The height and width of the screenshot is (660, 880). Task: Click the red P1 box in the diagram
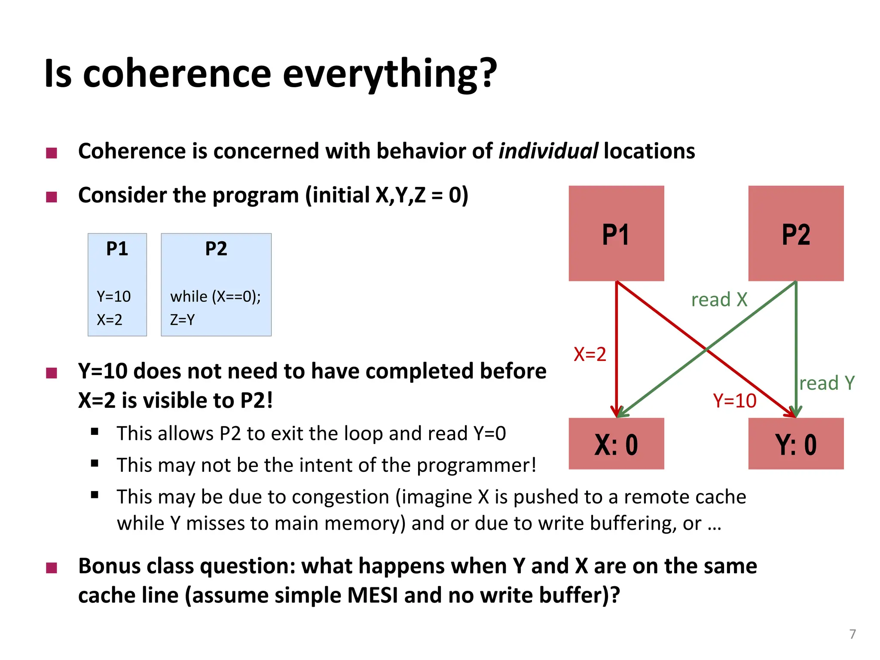tap(616, 233)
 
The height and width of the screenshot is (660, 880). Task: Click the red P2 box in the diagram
tap(796, 233)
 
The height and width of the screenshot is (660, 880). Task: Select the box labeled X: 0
tap(616, 443)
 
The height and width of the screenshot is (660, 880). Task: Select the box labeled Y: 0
tap(796, 443)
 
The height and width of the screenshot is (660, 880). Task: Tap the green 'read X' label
tap(719, 299)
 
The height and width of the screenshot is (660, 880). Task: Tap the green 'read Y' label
tap(827, 383)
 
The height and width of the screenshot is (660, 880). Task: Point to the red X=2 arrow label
tap(590, 354)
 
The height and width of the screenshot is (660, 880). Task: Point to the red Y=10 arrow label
tap(735, 400)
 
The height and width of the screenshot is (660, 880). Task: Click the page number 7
tap(852, 634)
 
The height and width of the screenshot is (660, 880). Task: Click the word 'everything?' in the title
tap(389, 74)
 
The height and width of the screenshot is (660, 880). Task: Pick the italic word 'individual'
tap(548, 151)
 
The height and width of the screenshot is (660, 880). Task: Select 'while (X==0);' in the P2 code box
tap(215, 296)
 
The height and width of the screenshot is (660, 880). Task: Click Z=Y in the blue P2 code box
tap(183, 320)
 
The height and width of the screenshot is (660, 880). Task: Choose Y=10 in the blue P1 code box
tap(113, 296)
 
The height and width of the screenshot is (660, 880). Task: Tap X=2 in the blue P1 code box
tap(110, 320)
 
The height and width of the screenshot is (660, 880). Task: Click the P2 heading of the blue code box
tap(216, 249)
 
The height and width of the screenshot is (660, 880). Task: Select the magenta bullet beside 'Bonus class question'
tap(52, 568)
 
